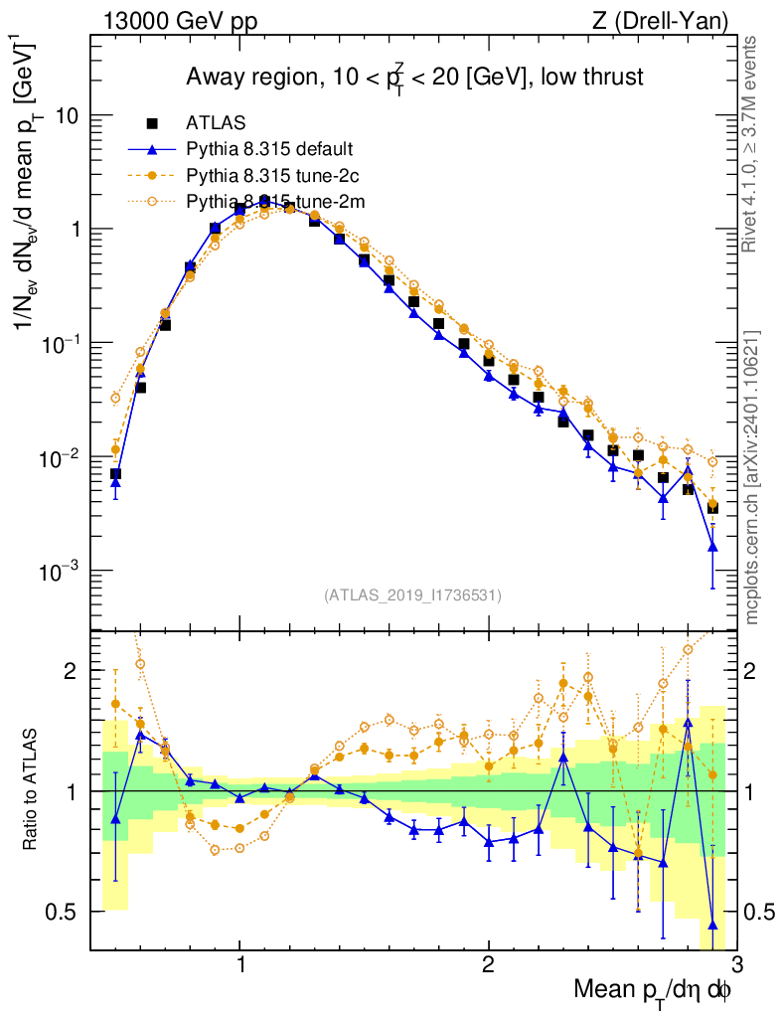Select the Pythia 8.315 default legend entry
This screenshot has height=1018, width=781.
click(x=269, y=149)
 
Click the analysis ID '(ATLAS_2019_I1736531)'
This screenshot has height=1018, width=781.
click(x=412, y=595)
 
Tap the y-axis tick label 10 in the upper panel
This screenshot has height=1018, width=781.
click(x=67, y=115)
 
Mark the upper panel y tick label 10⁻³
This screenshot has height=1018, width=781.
click(x=59, y=573)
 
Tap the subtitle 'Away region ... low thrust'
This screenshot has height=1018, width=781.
click(x=415, y=78)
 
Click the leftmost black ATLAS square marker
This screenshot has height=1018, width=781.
click(x=115, y=474)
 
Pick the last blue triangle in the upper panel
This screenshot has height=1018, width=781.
click(x=712, y=546)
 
